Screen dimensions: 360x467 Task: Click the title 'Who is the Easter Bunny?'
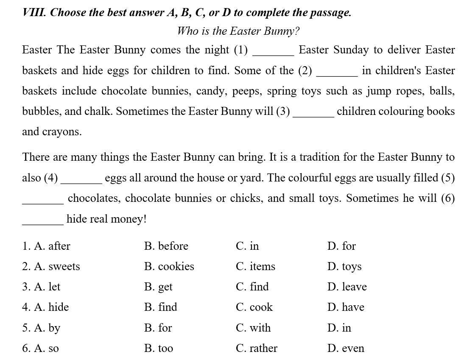pyautogui.click(x=238, y=31)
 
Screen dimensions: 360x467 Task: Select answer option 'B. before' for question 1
pyautogui.click(x=166, y=246)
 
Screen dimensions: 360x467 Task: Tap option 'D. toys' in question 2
pyautogui.click(x=344, y=266)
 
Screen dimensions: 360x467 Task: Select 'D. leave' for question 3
pyautogui.click(x=347, y=287)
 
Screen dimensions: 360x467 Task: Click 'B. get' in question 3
pyautogui.click(x=158, y=287)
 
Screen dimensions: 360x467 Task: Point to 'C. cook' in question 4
pyautogui.click(x=254, y=307)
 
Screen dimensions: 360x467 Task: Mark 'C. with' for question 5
pyautogui.click(x=253, y=328)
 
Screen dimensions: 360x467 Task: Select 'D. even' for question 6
pyautogui.click(x=346, y=348)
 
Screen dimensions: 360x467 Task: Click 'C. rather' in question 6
pyautogui.click(x=257, y=348)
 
